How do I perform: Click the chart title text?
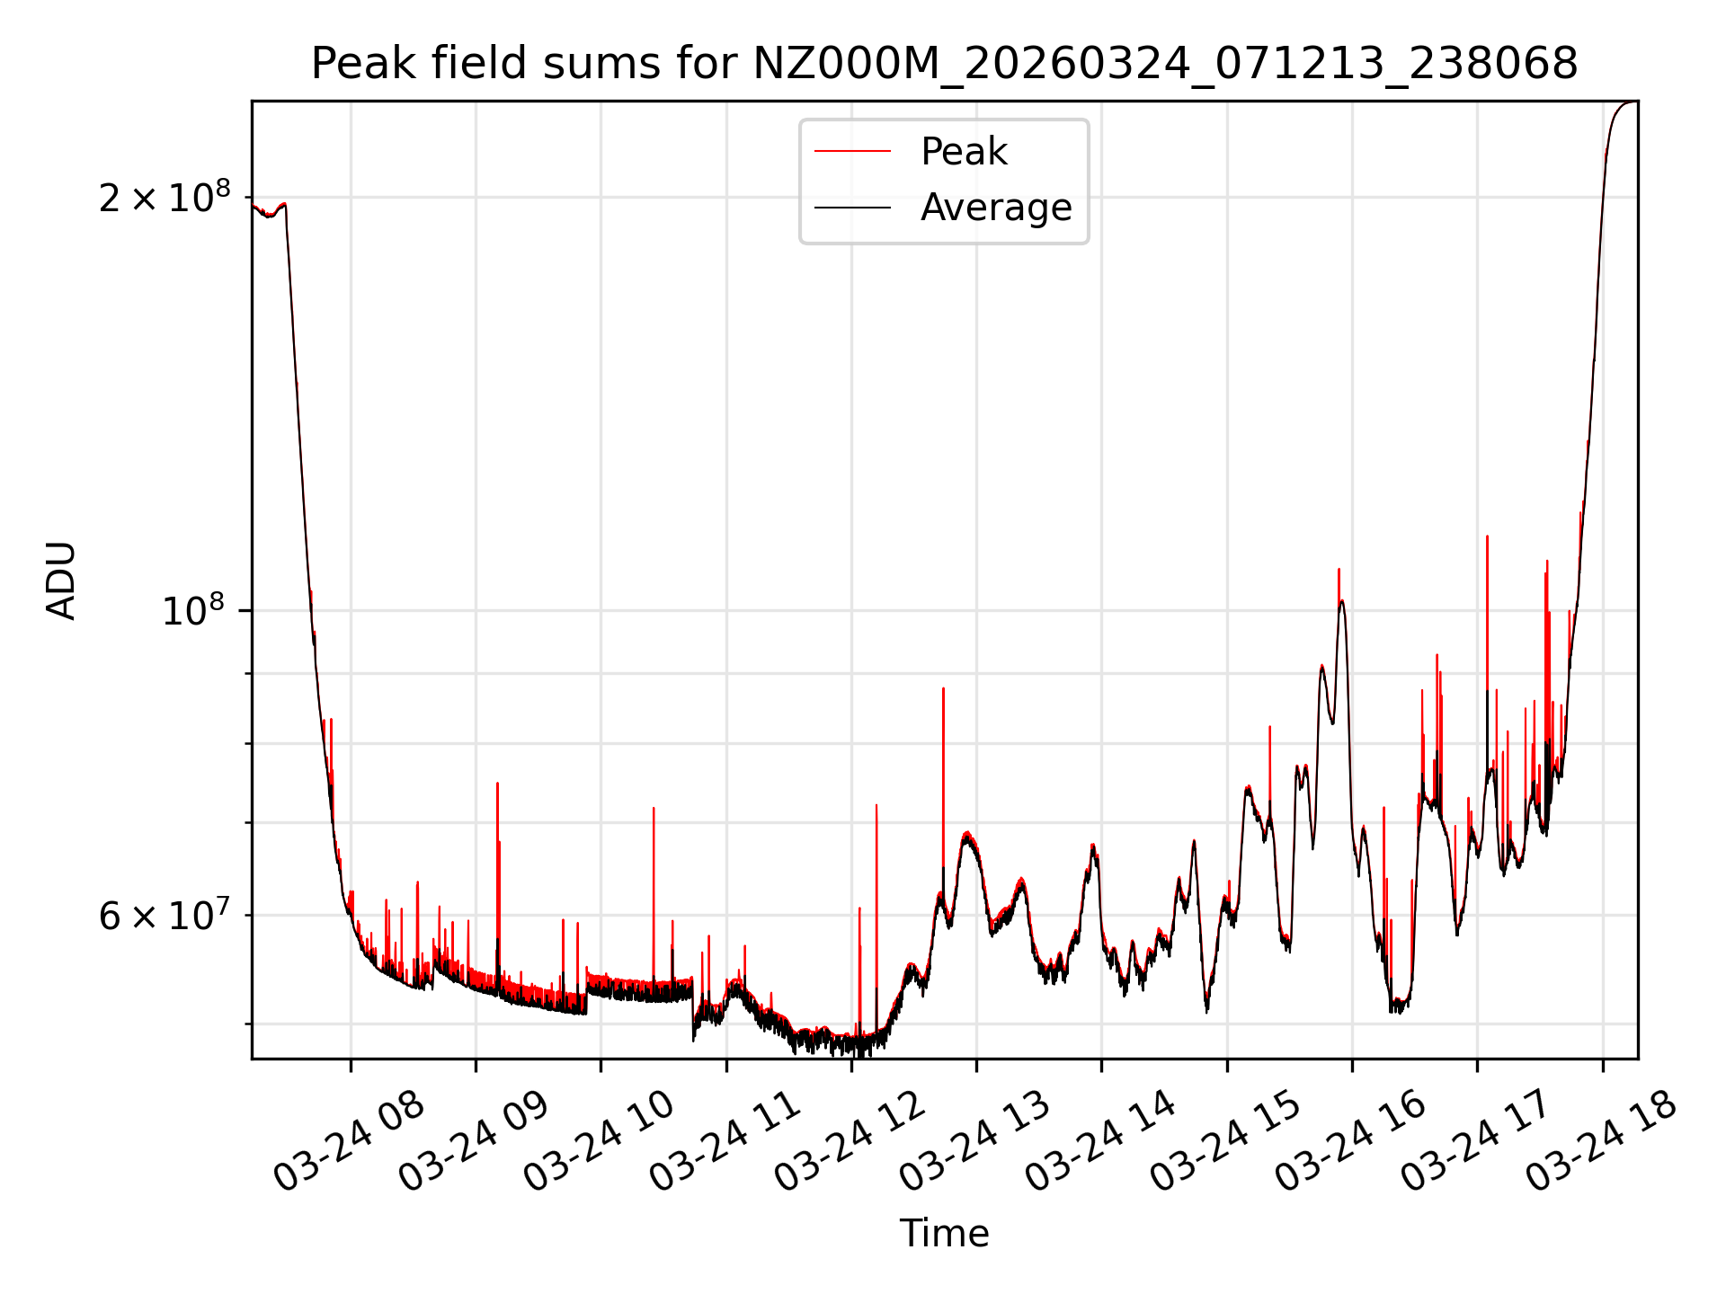[944, 64]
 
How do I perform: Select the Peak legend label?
[964, 152]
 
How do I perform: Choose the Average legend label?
[996, 208]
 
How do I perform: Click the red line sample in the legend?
[852, 152]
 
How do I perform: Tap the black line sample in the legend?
[852, 208]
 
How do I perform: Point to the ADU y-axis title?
[61, 581]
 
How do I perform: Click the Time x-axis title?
[944, 1234]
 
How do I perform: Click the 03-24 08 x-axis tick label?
[349, 1141]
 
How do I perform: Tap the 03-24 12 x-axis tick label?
[850, 1141]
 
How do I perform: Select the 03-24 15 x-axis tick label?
[1225, 1141]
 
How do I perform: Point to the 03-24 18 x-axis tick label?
[1601, 1141]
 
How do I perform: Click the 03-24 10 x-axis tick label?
[599, 1141]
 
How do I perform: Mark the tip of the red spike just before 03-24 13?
[943, 688]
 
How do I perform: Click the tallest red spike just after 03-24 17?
[1487, 536]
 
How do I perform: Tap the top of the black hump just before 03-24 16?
[1341, 600]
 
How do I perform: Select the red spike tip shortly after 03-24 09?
[497, 784]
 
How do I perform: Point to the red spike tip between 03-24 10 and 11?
[654, 808]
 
